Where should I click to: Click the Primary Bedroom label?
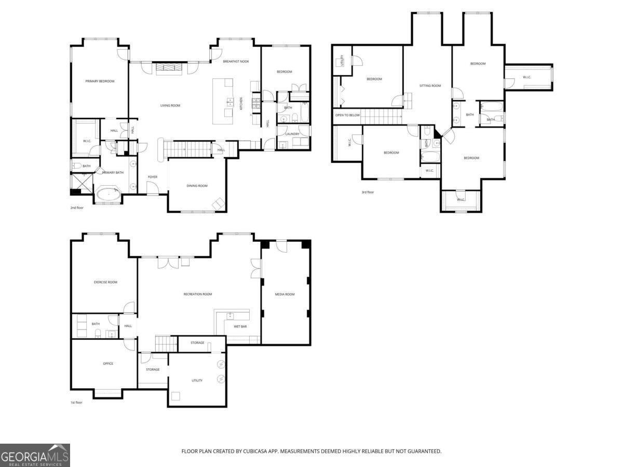pyautogui.click(x=100, y=81)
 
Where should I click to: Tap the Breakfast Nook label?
pyautogui.click(x=236, y=61)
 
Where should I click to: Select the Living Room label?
pyautogui.click(x=170, y=105)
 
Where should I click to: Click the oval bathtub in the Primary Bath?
pyautogui.click(x=109, y=195)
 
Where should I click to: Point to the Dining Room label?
pyautogui.click(x=197, y=186)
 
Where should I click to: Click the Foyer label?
pyautogui.click(x=153, y=177)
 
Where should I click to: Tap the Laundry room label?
pyautogui.click(x=292, y=134)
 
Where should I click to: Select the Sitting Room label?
pyautogui.click(x=430, y=86)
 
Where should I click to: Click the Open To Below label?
pyautogui.click(x=347, y=115)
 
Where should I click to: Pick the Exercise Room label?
pyautogui.click(x=105, y=282)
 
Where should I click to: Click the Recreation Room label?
pyautogui.click(x=197, y=294)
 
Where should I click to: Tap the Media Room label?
pyautogui.click(x=285, y=294)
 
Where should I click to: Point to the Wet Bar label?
pyautogui.click(x=240, y=327)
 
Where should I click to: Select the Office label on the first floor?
pyautogui.click(x=108, y=363)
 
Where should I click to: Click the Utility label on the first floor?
pyautogui.click(x=197, y=380)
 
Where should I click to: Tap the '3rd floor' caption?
pyautogui.click(x=368, y=193)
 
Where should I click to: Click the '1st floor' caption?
pyautogui.click(x=76, y=402)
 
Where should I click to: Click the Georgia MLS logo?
pyautogui.click(x=35, y=455)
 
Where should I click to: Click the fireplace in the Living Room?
pyautogui.click(x=169, y=67)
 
